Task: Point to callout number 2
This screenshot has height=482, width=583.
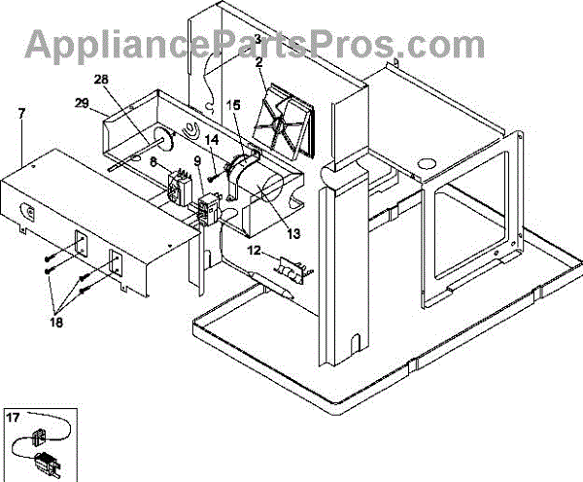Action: pos(259,62)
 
